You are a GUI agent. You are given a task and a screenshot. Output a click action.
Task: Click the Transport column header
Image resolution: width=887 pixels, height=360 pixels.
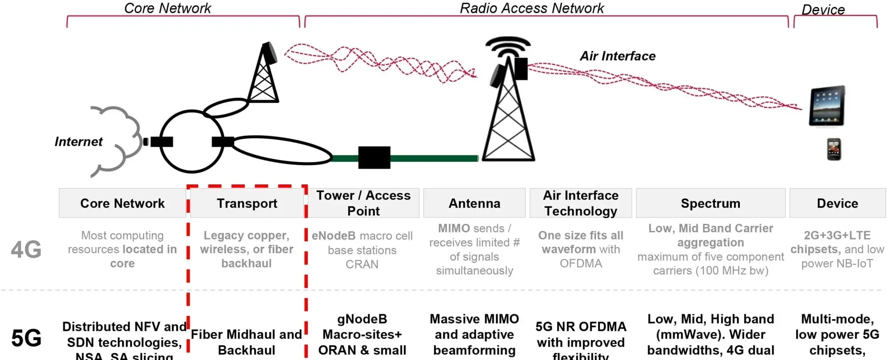pyautogui.click(x=247, y=203)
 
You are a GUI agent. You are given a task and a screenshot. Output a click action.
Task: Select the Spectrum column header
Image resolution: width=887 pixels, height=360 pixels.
pyautogui.click(x=710, y=203)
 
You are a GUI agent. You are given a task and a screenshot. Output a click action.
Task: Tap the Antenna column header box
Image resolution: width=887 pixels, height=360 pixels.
pyautogui.click(x=474, y=203)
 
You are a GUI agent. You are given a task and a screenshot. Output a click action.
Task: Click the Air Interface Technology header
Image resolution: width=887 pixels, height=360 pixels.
pyautogui.click(x=581, y=203)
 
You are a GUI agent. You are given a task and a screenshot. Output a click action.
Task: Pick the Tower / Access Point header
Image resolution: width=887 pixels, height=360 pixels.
pyautogui.click(x=363, y=203)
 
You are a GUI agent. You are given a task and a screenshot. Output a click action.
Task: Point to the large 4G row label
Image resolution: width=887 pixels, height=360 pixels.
pyautogui.click(x=26, y=250)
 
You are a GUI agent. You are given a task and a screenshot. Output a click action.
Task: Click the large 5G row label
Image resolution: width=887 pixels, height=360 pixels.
pyautogui.click(x=26, y=339)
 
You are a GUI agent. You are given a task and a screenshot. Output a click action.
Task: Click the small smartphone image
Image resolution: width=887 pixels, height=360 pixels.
pyautogui.click(x=834, y=149)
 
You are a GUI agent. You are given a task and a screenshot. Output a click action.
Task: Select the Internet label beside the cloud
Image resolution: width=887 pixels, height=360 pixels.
pyautogui.click(x=78, y=142)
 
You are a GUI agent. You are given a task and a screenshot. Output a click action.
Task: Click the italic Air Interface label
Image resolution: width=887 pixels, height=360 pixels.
pyautogui.click(x=617, y=56)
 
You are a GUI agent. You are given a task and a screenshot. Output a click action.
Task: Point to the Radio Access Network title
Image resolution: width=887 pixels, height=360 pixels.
pyautogui.click(x=532, y=8)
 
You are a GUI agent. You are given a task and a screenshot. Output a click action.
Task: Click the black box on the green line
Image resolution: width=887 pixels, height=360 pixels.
pyautogui.click(x=374, y=157)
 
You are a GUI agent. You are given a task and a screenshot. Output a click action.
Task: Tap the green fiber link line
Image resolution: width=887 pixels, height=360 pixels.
pyautogui.click(x=435, y=158)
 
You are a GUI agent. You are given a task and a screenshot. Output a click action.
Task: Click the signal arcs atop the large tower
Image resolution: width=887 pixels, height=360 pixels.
pyautogui.click(x=508, y=46)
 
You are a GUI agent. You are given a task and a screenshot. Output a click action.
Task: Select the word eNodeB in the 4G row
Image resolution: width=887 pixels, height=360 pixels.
pyautogui.click(x=334, y=236)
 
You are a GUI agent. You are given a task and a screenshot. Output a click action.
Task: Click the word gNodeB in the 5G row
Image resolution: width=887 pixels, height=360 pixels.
pyautogui.click(x=362, y=319)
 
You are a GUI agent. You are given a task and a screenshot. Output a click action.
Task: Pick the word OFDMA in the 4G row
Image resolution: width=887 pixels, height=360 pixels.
pyautogui.click(x=581, y=264)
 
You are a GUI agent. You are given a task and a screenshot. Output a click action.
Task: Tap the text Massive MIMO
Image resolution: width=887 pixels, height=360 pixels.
pyautogui.click(x=474, y=319)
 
